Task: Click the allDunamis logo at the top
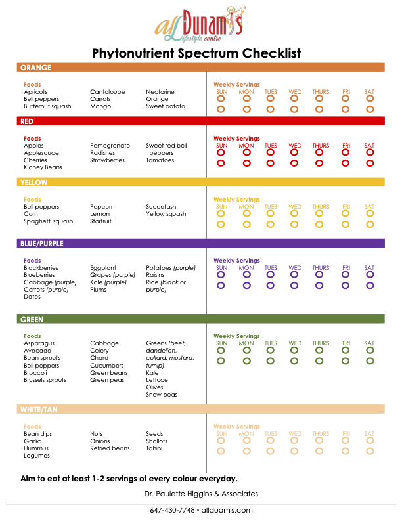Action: (x=200, y=24)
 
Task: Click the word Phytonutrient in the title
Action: (x=133, y=53)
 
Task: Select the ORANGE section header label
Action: (x=36, y=68)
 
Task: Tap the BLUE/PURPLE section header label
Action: (x=42, y=244)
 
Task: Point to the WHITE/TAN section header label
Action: (x=39, y=410)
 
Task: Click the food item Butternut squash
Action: (x=47, y=106)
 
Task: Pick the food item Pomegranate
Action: (x=110, y=146)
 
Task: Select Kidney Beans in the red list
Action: (x=43, y=167)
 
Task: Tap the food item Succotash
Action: (x=161, y=207)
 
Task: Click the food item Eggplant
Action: (x=103, y=268)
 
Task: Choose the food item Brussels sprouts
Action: (x=45, y=380)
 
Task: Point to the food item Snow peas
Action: (x=162, y=395)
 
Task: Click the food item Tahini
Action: (x=154, y=448)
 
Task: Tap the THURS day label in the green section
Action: (x=321, y=343)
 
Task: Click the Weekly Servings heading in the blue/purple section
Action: (x=236, y=261)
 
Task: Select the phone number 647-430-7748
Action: (x=172, y=510)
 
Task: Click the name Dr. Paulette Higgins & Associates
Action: (x=201, y=494)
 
